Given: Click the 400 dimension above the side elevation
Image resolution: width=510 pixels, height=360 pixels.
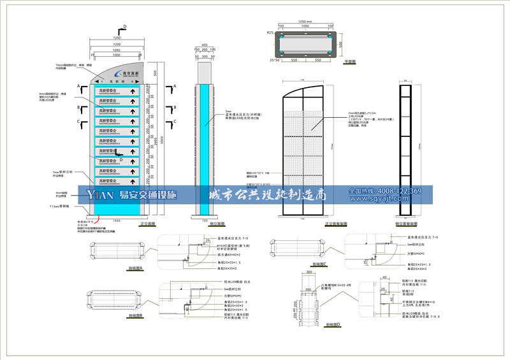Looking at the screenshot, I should coord(205,45).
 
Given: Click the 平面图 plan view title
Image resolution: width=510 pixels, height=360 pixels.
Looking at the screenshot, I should coord(351,62).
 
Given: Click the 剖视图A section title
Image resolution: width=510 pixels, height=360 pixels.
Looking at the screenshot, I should coord(135,269).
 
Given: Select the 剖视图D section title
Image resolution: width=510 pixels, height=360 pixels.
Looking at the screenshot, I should coord(332,324).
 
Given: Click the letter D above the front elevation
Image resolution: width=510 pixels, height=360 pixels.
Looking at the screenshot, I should coord(124,27).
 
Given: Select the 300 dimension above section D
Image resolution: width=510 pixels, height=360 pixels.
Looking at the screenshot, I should coord(309,271).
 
